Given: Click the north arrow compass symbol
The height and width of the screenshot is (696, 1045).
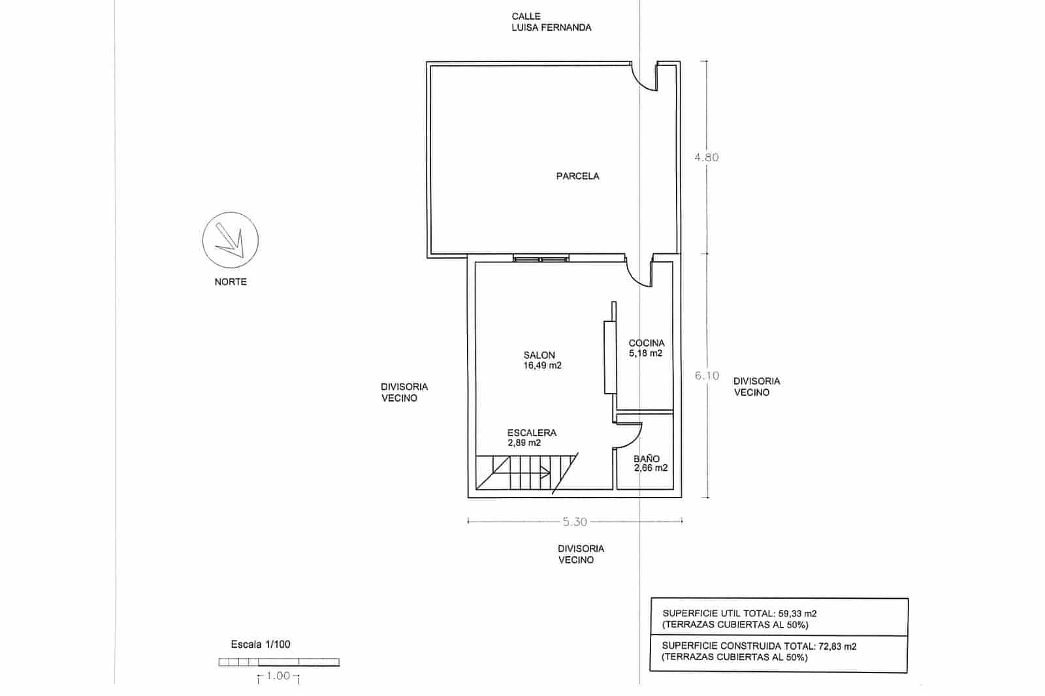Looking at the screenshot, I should point(230,240).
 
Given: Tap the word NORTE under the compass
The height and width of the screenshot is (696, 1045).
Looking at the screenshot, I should point(231,282).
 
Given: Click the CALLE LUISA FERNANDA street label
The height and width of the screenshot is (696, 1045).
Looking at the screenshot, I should point(551,22).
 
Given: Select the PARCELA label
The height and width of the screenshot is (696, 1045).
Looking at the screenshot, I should point(577,176).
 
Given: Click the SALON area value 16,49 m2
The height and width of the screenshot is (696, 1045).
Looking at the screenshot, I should point(542,366).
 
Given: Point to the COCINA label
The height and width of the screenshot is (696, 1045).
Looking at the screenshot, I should point(647,343).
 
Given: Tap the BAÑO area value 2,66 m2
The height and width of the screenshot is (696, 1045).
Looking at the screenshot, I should point(651,468).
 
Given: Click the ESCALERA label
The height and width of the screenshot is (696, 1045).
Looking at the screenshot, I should point(532,433).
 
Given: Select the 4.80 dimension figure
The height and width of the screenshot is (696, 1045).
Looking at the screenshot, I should point(706,157).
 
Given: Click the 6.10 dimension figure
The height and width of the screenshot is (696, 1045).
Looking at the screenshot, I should point(707,375).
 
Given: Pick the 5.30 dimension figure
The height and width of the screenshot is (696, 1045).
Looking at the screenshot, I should point(575,522).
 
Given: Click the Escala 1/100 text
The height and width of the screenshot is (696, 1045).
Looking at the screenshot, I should point(261,644).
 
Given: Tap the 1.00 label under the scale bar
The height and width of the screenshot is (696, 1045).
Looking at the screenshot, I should point(278,676).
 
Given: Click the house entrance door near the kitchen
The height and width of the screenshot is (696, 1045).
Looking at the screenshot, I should point(639,272).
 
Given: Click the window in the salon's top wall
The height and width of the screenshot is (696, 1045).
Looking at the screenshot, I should point(541,258).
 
